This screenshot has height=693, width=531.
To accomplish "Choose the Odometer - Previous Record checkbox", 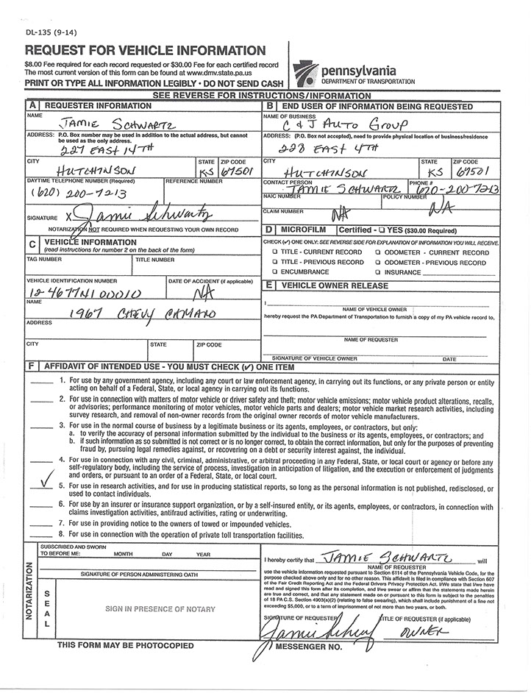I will (x=378, y=262).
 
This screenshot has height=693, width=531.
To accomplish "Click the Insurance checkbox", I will (x=378, y=271).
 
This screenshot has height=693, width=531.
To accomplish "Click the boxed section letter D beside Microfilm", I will (x=269, y=230).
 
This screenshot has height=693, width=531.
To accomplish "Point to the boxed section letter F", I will (x=32, y=366).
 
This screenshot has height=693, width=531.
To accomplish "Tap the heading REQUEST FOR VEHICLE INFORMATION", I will (x=146, y=51).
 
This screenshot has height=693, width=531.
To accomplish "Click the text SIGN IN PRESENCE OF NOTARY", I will (x=160, y=608).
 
